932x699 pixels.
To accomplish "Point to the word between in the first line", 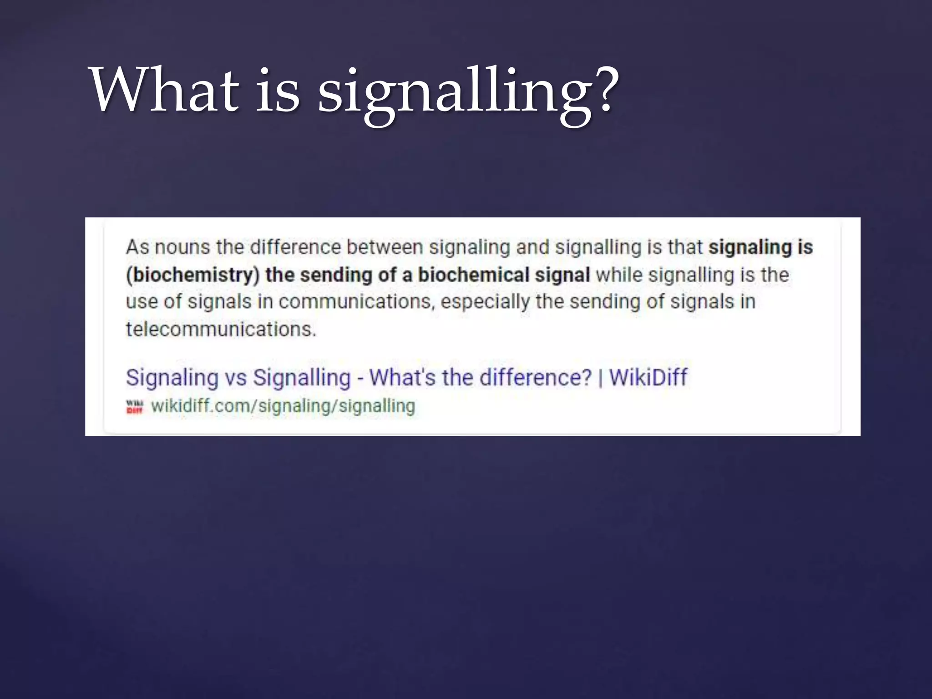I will tap(385, 248).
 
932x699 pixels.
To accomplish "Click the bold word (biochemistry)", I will tap(192, 275).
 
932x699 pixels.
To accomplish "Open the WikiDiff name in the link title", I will tap(648, 377).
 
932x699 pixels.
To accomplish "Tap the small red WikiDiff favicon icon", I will tap(134, 406).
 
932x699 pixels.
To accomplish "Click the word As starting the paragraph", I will tap(137, 248).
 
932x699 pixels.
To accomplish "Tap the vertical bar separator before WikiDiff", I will tap(600, 378).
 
